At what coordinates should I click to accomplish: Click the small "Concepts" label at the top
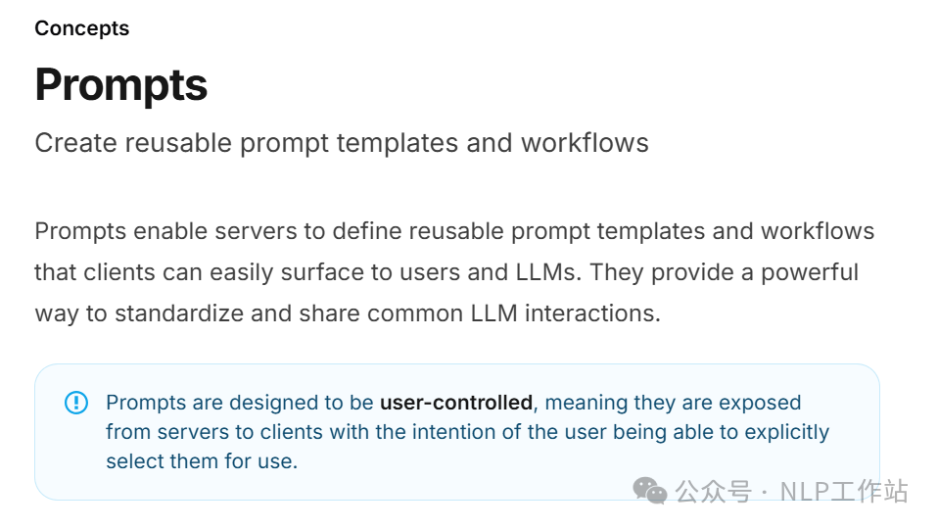pyautogui.click(x=82, y=28)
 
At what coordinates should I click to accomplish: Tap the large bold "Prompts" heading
pyautogui.click(x=120, y=85)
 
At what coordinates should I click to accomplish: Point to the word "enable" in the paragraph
pyautogui.click(x=170, y=231)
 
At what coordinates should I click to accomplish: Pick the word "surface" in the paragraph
pyautogui.click(x=322, y=272)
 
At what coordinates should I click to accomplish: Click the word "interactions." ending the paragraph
pyautogui.click(x=592, y=313)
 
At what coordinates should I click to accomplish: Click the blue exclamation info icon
pyautogui.click(x=76, y=402)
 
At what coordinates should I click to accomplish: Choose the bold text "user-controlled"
pyautogui.click(x=456, y=403)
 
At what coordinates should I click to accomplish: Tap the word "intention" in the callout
pyautogui.click(x=454, y=432)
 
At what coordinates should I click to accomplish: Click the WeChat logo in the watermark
pyautogui.click(x=650, y=491)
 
